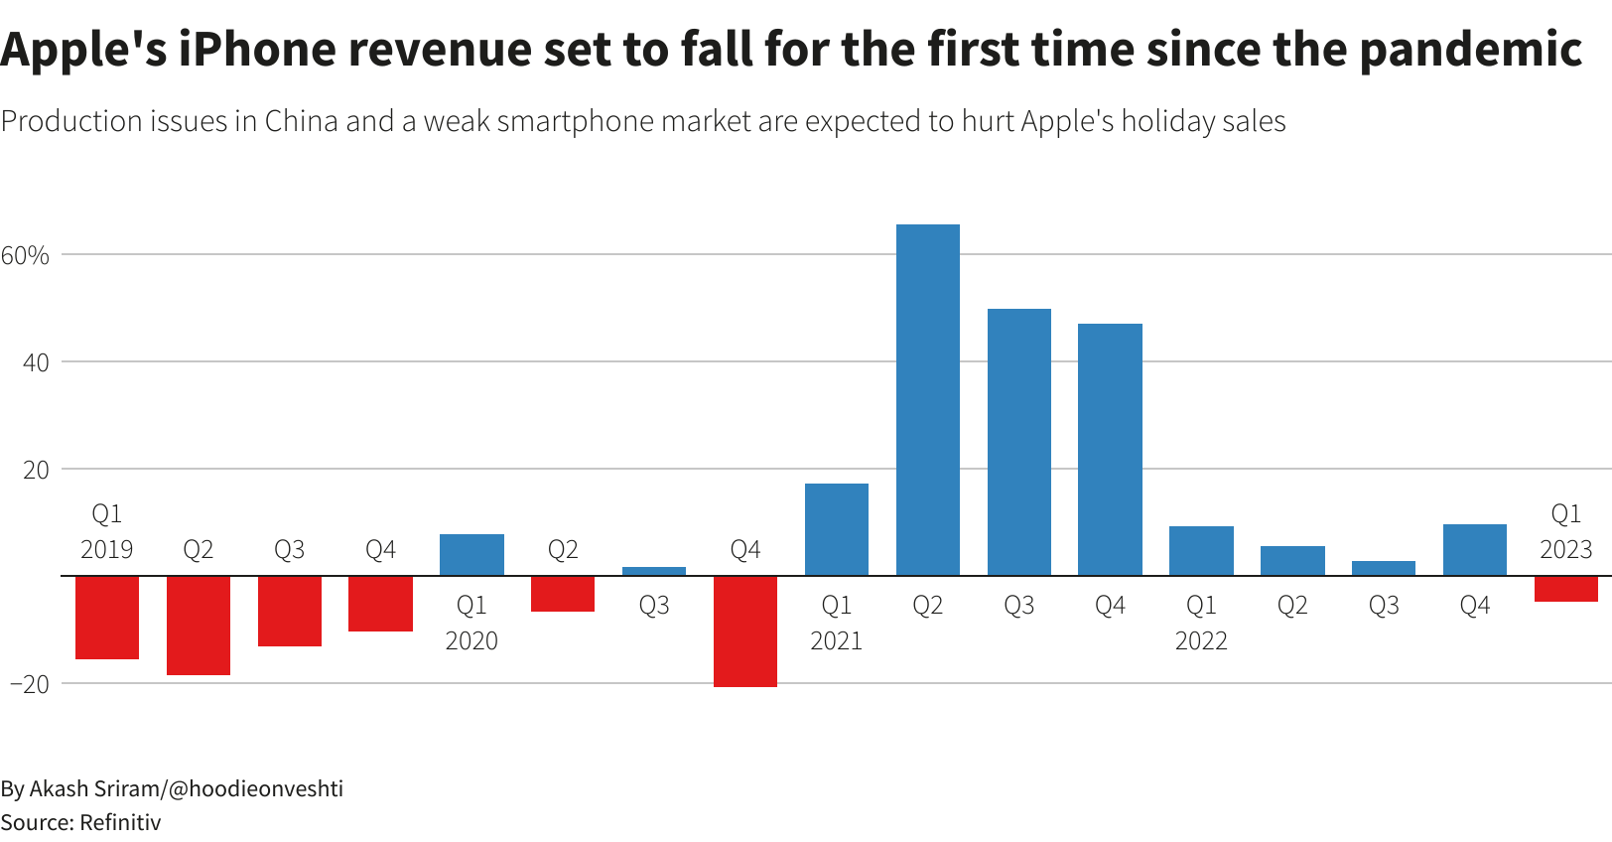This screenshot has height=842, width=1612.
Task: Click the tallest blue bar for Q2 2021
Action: pos(927,399)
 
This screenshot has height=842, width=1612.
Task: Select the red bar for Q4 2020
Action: pos(744,631)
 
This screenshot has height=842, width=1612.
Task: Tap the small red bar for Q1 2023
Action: pos(1565,589)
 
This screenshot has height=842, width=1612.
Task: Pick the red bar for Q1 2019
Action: pos(106,617)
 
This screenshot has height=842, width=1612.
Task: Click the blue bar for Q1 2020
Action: pos(471,555)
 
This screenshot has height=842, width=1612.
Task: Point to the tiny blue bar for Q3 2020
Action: pos(653,571)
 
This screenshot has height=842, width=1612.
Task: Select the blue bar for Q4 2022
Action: pos(1474,550)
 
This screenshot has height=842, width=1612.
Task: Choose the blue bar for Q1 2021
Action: pos(836,529)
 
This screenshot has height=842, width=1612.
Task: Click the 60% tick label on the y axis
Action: pos(25,256)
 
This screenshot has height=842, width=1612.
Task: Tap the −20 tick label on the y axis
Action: pos(30,684)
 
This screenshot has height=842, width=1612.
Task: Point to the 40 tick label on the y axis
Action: pos(36,363)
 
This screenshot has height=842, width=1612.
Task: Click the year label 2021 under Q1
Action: pos(836,641)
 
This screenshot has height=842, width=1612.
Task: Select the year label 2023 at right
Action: pos(1565,550)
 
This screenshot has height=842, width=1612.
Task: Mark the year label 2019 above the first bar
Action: pos(106,550)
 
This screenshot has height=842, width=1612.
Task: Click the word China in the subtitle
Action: pos(301,121)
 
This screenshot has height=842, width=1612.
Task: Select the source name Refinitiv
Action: pos(119,822)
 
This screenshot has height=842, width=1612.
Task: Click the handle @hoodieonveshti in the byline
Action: pos(256,788)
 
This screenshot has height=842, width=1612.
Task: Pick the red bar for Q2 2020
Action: pos(562,594)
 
